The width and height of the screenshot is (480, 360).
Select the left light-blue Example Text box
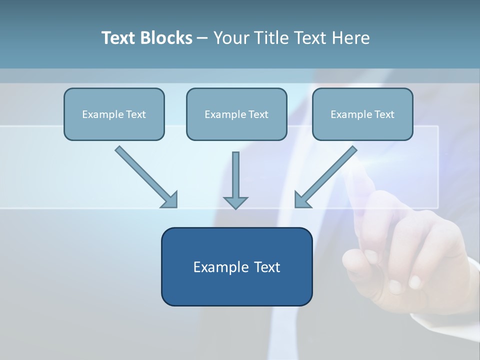point(114,114)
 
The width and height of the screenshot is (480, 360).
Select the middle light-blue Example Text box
point(236,114)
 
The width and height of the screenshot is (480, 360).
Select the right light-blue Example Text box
point(362,114)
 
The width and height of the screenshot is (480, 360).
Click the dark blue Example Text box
point(236,266)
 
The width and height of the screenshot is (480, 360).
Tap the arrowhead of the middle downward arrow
point(235,202)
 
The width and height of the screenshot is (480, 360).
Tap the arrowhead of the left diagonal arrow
point(170,200)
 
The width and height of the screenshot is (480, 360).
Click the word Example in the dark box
point(221,267)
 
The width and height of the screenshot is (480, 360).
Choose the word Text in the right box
point(384,114)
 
